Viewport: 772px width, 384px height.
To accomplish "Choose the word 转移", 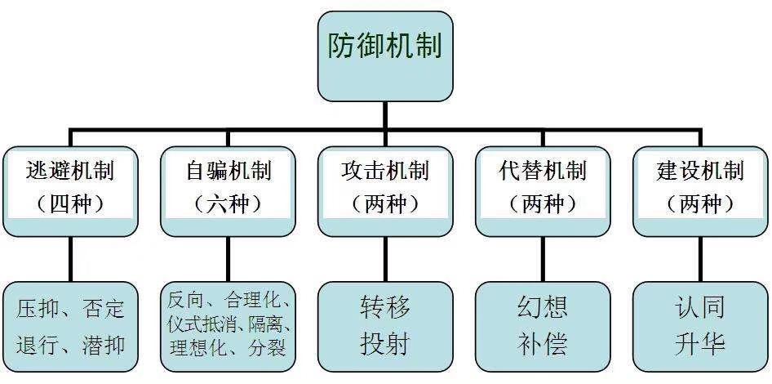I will pyautogui.click(x=385, y=308).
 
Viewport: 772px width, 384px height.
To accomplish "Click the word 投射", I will pyautogui.click(x=385, y=344).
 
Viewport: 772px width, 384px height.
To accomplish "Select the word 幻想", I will pyautogui.click(x=544, y=308).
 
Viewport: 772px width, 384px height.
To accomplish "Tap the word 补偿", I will pyautogui.click(x=544, y=344).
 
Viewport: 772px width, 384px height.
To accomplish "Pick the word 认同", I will pyautogui.click(x=701, y=308).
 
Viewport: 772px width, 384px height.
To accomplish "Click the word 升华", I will pyautogui.click(x=701, y=344).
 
